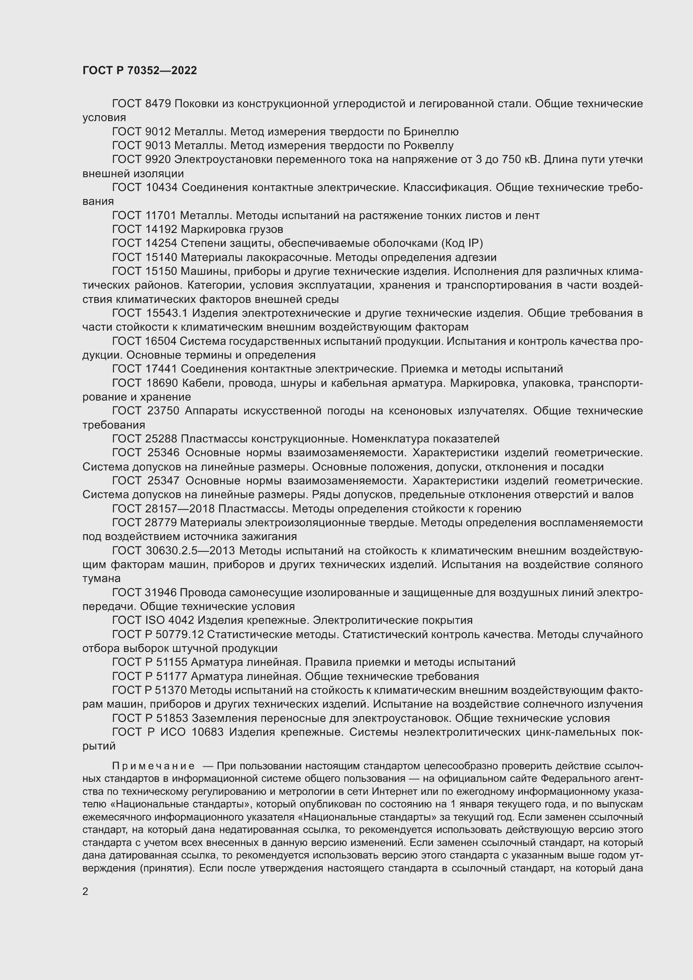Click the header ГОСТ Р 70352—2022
coord(140,71)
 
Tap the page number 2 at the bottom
coord(85,891)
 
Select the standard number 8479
coord(158,104)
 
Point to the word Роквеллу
coord(429,145)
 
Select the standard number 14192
coord(160,229)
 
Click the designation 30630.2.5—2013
coord(194,551)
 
